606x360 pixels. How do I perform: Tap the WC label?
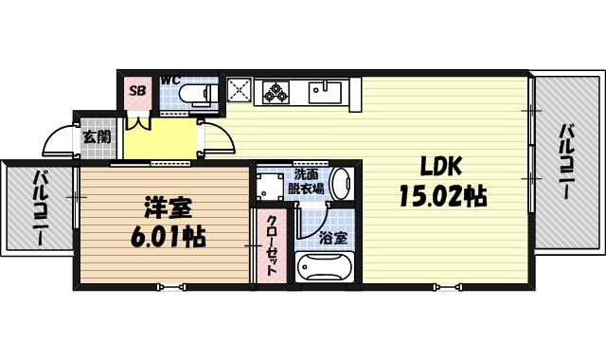(x=170, y=79)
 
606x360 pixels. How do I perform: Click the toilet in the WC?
(x=199, y=93)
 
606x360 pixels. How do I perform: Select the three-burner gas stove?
(x=276, y=92)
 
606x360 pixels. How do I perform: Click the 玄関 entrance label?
(x=96, y=136)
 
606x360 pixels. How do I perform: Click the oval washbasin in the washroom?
(x=342, y=182)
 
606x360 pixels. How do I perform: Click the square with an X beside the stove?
(x=239, y=92)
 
